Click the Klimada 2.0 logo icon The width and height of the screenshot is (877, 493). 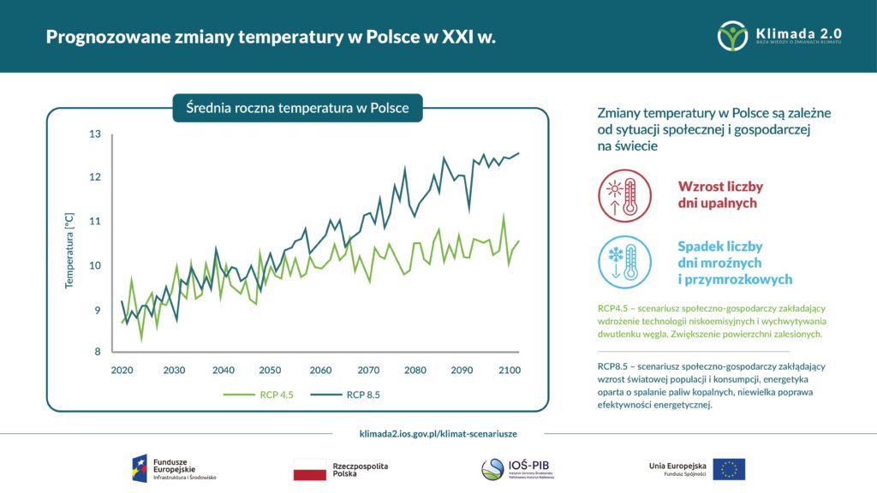pyautogui.click(x=733, y=36)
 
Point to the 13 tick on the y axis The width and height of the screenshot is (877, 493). pyautogui.click(x=94, y=134)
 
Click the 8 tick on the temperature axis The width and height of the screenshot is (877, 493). pyautogui.click(x=97, y=352)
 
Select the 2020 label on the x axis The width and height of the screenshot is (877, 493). pyautogui.click(x=123, y=370)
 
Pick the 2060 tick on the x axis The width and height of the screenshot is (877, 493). pyautogui.click(x=320, y=370)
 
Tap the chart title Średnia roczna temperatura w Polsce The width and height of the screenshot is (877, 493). pyautogui.click(x=297, y=109)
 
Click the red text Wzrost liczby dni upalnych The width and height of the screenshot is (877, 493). pyautogui.click(x=720, y=194)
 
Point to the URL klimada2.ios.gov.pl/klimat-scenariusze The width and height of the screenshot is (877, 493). pyautogui.click(x=438, y=434)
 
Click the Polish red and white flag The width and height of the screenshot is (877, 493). pyautogui.click(x=310, y=469)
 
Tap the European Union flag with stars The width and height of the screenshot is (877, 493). pyautogui.click(x=729, y=469)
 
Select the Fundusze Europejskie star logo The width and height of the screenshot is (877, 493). pyautogui.click(x=140, y=469)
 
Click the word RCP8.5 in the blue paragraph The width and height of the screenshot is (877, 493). pyautogui.click(x=616, y=365)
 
